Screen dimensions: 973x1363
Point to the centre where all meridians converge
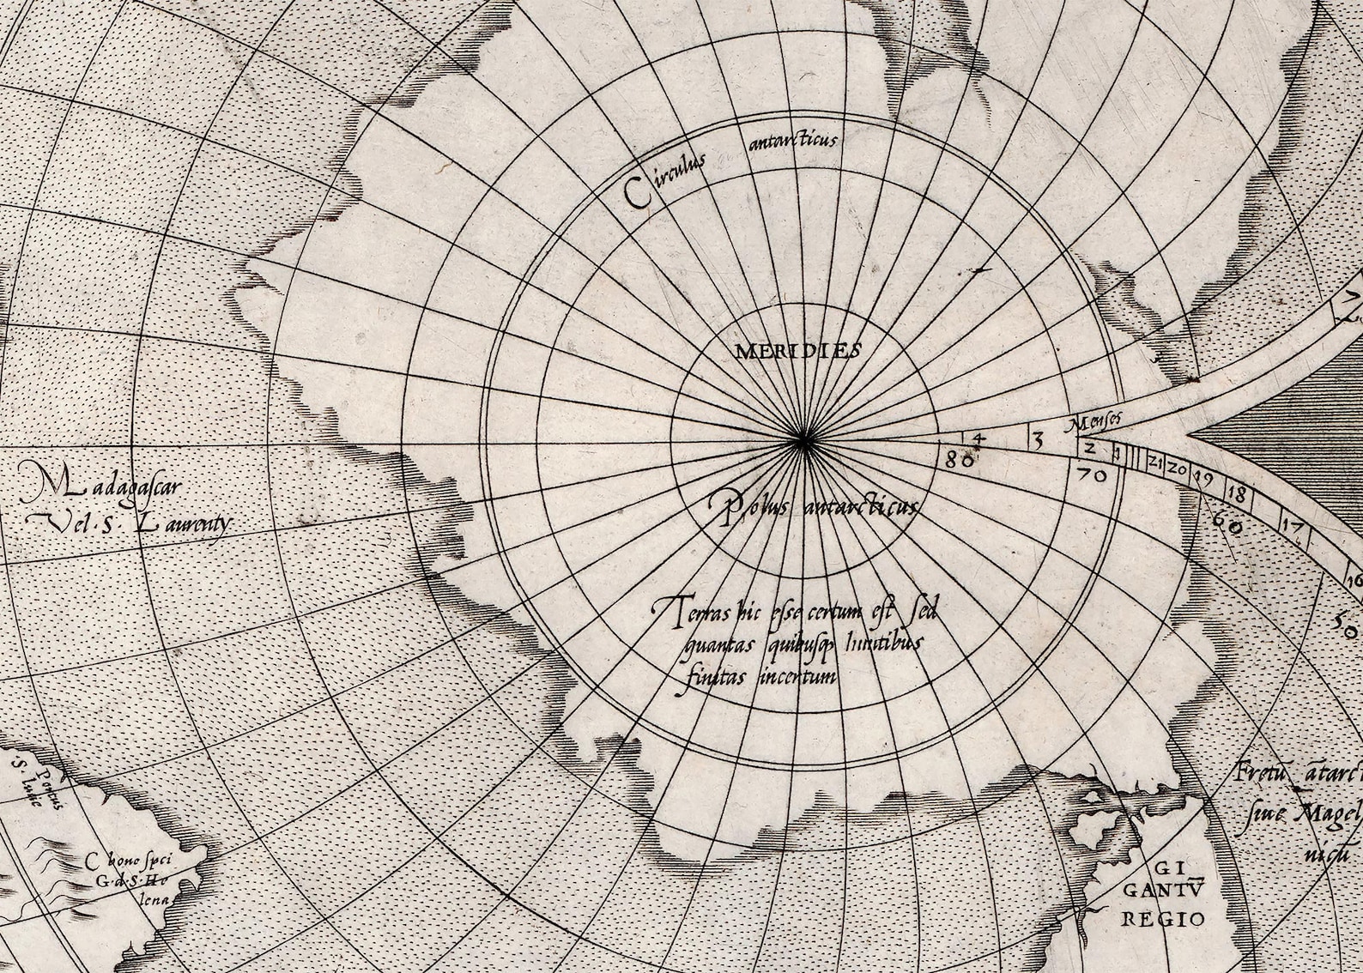[x=804, y=441]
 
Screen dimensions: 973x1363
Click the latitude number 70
[x=1090, y=473]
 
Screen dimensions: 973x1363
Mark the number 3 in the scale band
[x=1037, y=442]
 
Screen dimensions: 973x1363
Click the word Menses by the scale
[x=1096, y=423]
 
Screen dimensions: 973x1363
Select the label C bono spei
[x=121, y=859]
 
